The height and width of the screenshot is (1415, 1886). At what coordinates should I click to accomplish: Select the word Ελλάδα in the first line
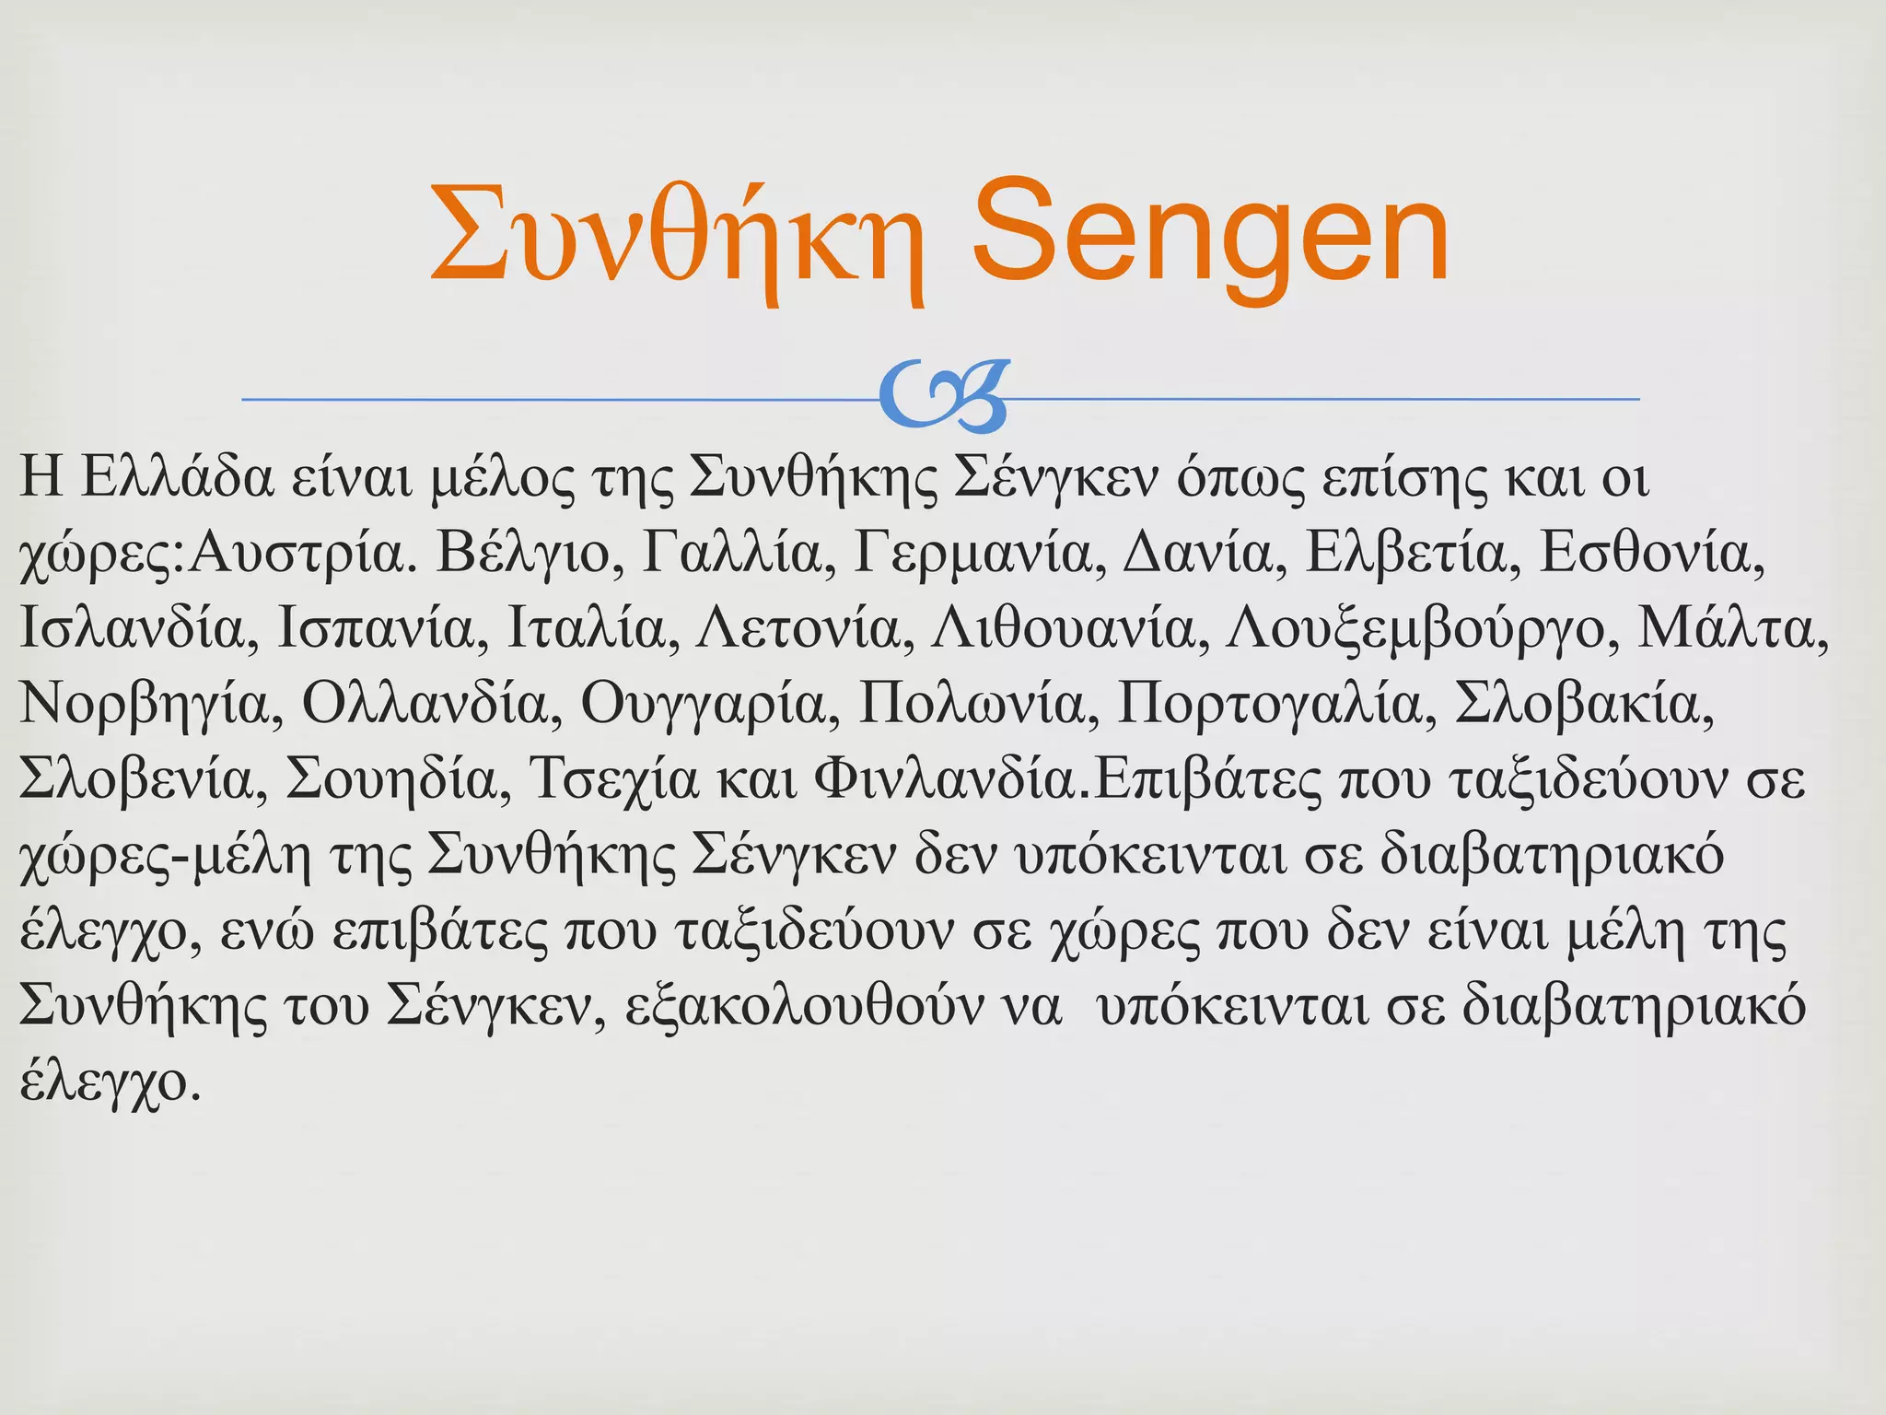tap(177, 479)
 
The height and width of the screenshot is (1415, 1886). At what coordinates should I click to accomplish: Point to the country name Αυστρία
tap(297, 554)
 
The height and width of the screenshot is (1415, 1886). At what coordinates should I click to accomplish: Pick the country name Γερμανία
tap(980, 554)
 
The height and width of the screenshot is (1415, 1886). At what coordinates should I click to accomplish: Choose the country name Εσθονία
tap(1652, 554)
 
